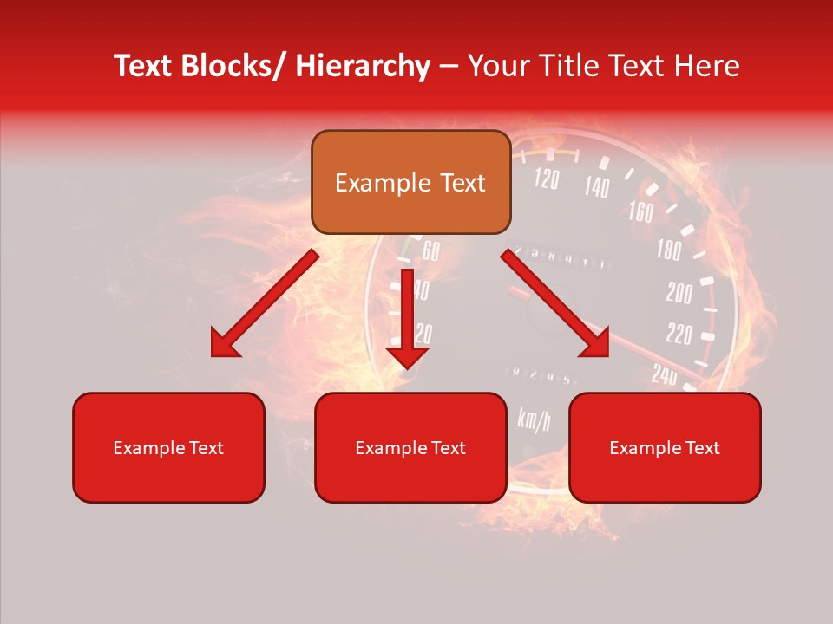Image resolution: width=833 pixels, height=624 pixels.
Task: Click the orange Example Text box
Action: tap(410, 182)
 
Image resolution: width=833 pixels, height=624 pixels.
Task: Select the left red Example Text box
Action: tap(168, 447)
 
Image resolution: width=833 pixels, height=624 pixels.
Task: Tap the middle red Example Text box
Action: tap(410, 447)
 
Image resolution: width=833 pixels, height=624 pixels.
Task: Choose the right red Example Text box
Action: tap(665, 447)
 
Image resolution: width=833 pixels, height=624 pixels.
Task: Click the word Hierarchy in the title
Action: tap(362, 66)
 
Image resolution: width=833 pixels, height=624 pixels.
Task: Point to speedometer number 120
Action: tap(546, 179)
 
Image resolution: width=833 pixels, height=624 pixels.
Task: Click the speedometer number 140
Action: tap(596, 186)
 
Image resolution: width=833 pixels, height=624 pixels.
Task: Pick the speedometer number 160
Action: tap(640, 211)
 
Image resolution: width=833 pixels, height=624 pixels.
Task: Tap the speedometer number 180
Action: tap(669, 250)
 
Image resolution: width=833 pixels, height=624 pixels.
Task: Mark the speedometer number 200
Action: tap(679, 293)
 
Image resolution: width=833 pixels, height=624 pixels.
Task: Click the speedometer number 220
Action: tap(679, 334)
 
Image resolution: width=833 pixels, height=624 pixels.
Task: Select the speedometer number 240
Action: tap(665, 374)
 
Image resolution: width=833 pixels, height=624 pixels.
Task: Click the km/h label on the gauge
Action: tap(534, 419)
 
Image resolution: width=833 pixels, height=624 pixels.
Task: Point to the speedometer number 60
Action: tap(430, 252)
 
